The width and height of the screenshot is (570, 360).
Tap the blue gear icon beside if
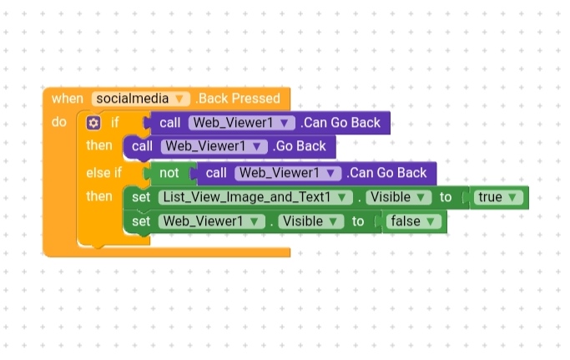[x=93, y=123]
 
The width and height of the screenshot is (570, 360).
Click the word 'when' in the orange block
[x=68, y=99]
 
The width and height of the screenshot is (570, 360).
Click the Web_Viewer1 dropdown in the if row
[x=242, y=123]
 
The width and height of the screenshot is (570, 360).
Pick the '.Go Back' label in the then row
[x=299, y=146]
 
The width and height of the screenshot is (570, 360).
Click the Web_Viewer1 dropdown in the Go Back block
[x=214, y=146]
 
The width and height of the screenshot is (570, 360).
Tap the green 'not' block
[x=169, y=173]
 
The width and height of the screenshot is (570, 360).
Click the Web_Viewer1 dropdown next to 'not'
[x=288, y=173]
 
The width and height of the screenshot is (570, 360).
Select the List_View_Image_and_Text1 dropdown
[x=255, y=197]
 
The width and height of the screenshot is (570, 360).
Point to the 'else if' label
[x=103, y=173]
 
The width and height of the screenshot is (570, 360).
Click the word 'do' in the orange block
[x=58, y=123]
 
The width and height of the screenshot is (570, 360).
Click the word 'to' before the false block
[x=358, y=221]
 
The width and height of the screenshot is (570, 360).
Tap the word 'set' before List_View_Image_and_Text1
[x=141, y=197]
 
